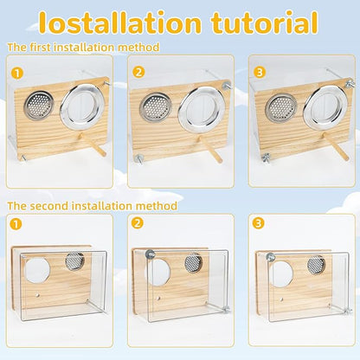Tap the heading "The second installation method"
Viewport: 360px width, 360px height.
(92, 206)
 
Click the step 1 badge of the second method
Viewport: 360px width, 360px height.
(16, 223)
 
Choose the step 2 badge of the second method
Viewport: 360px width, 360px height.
(136, 223)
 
